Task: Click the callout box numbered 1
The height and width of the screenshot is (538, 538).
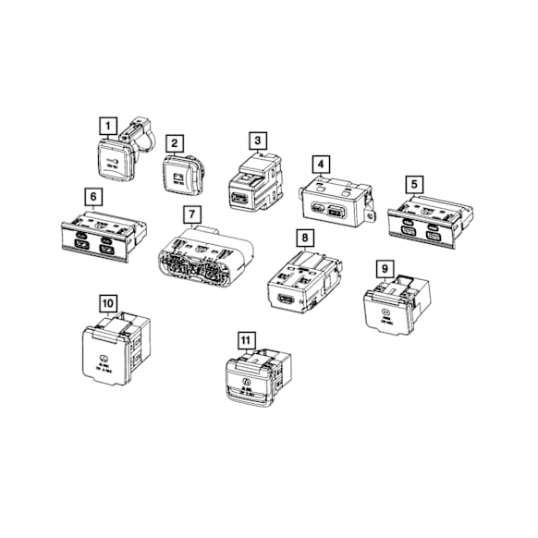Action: click(109, 124)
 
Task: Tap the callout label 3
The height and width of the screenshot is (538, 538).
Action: click(258, 141)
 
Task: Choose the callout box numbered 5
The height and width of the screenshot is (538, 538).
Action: click(415, 183)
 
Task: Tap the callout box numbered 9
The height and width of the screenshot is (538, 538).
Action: click(385, 268)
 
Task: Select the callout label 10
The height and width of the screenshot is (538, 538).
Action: click(108, 302)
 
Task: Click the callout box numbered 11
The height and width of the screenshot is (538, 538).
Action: click(243, 338)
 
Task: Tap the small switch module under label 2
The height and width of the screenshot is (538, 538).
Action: click(178, 174)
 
